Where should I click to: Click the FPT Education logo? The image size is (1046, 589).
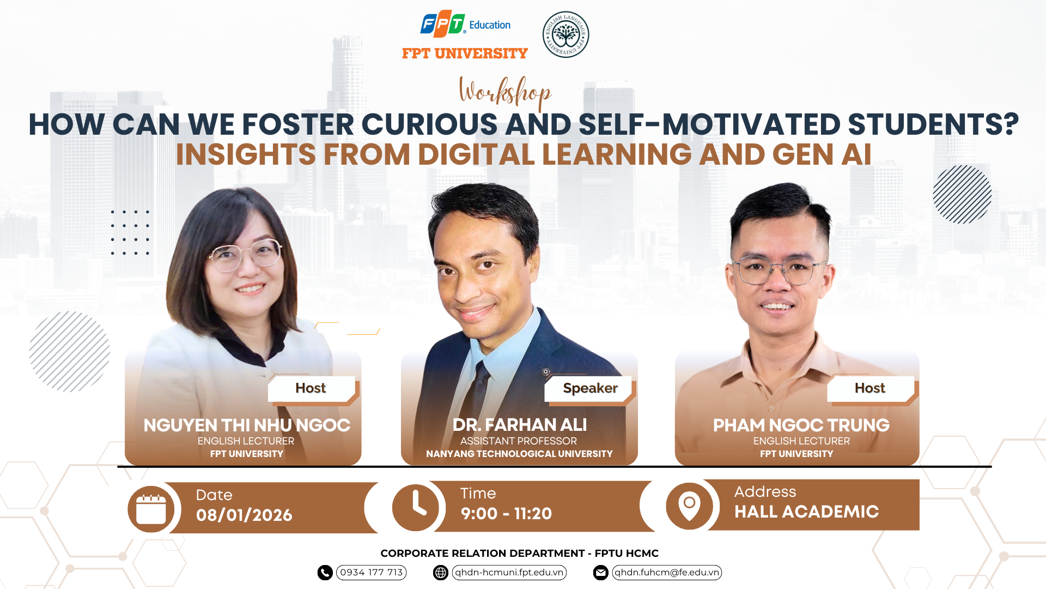pyautogui.click(x=465, y=24)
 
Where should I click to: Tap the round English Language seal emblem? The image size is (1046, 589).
pyautogui.click(x=565, y=34)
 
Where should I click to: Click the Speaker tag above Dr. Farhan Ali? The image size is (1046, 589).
pyautogui.click(x=590, y=388)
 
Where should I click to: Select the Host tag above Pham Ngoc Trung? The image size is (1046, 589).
pyautogui.click(x=870, y=388)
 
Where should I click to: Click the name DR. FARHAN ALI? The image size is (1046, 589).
pyautogui.click(x=520, y=425)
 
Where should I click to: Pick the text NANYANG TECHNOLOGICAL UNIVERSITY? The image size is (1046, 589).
pyautogui.click(x=519, y=454)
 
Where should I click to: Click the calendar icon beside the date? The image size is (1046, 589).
pyautogui.click(x=151, y=509)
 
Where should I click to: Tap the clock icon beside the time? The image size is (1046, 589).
pyautogui.click(x=416, y=508)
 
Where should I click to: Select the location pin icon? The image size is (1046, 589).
pyautogui.click(x=689, y=506)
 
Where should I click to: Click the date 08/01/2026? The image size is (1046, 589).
pyautogui.click(x=244, y=515)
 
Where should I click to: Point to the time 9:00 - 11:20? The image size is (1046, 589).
pyautogui.click(x=506, y=514)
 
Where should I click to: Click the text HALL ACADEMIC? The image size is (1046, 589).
pyautogui.click(x=806, y=512)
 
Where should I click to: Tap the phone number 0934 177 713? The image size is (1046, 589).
pyautogui.click(x=372, y=572)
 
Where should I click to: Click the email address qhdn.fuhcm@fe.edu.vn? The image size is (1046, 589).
pyautogui.click(x=667, y=572)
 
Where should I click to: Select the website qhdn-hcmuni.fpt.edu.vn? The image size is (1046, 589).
pyautogui.click(x=509, y=572)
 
